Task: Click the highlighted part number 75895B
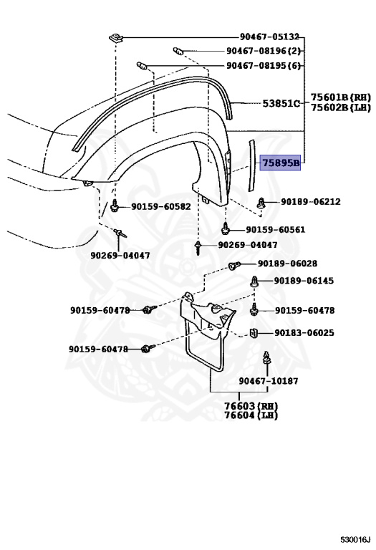(281, 163)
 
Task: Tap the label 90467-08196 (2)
(264, 51)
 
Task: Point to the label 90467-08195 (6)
(264, 65)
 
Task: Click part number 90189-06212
(310, 202)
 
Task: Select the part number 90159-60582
(160, 207)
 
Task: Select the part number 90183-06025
(304, 333)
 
